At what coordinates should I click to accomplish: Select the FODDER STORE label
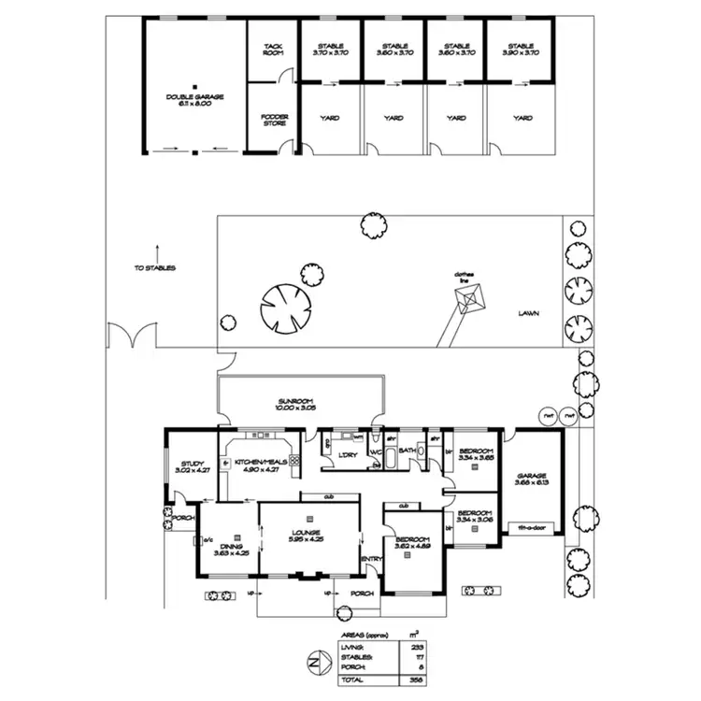274,119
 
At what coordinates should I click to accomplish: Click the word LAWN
530,314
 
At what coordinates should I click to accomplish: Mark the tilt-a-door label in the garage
533,528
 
